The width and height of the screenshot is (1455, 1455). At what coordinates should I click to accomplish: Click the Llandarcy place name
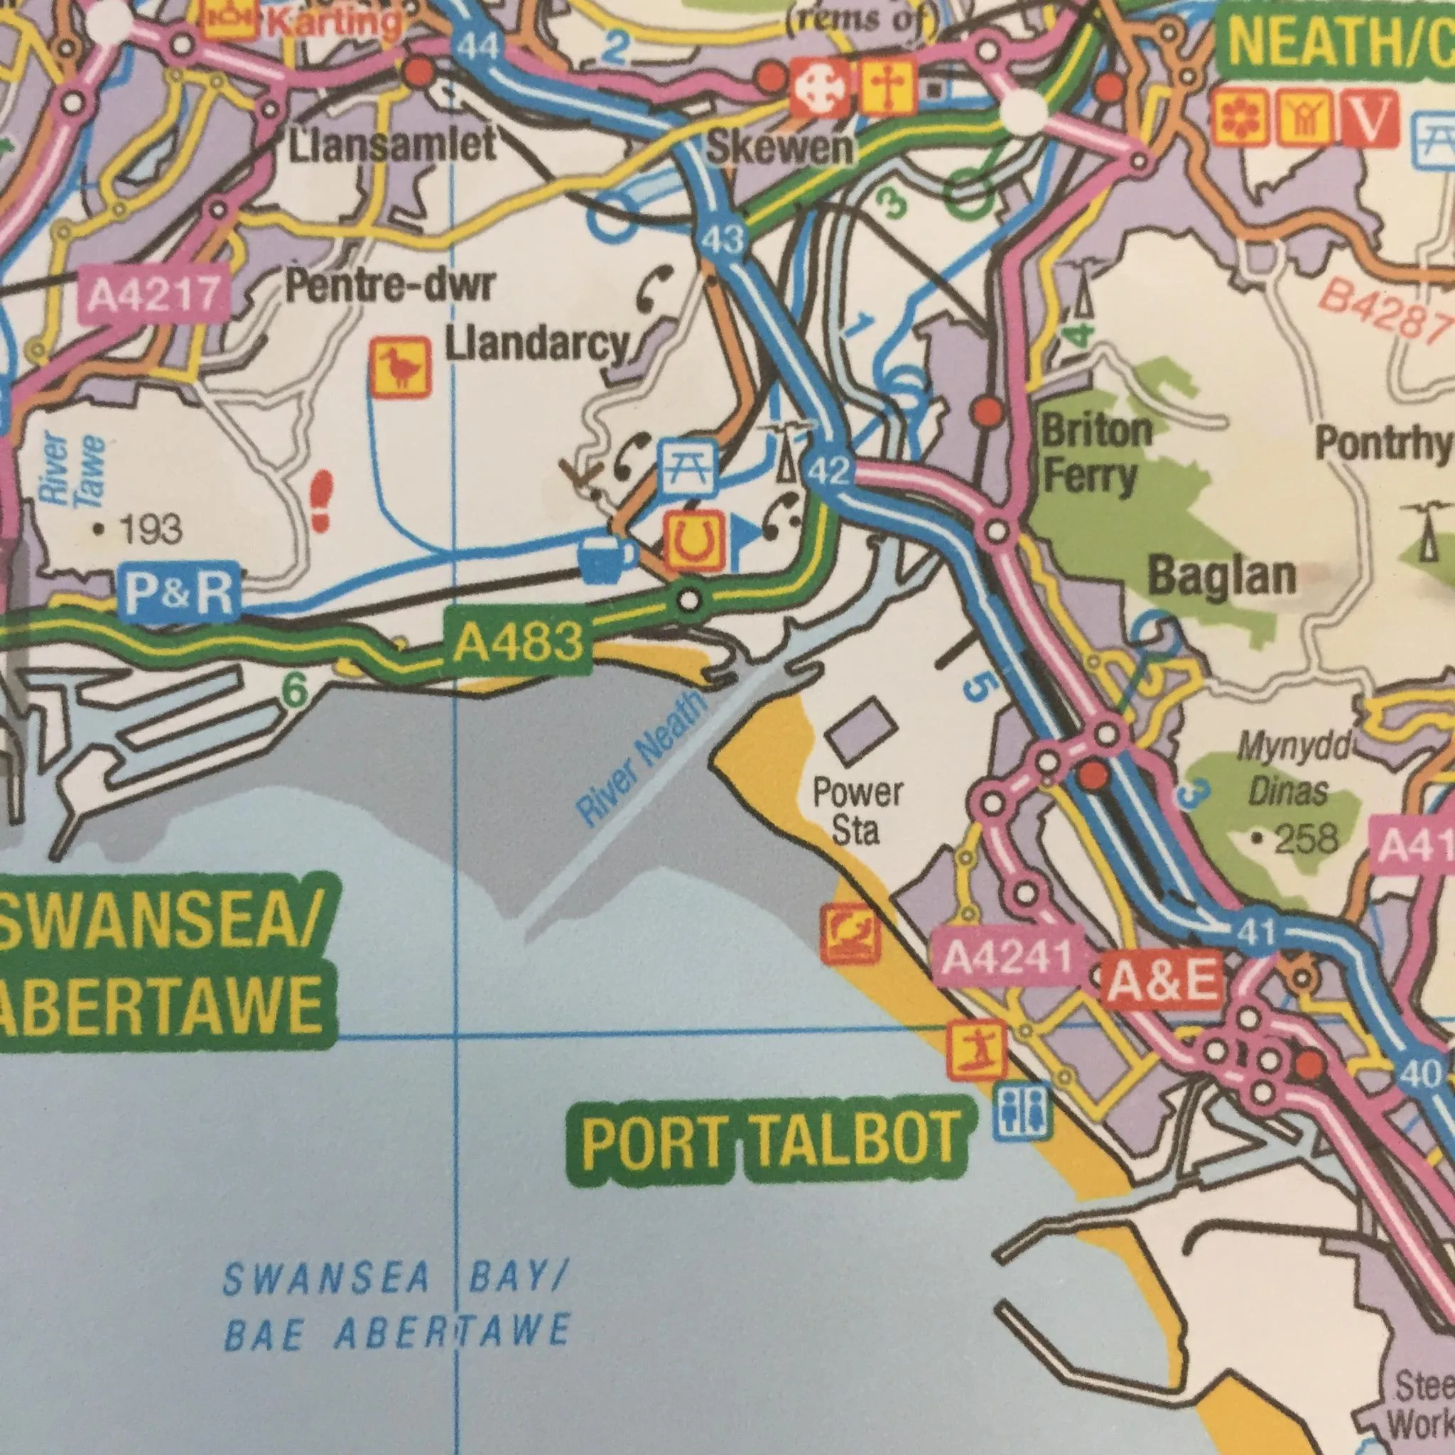point(536,346)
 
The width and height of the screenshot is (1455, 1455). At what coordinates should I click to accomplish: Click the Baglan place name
point(1221,577)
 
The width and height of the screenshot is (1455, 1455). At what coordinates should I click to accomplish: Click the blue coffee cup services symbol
point(607,559)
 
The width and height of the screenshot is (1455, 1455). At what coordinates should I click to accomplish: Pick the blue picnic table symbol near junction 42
point(688,467)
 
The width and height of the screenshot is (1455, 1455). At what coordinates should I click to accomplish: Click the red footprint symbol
point(323,501)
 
